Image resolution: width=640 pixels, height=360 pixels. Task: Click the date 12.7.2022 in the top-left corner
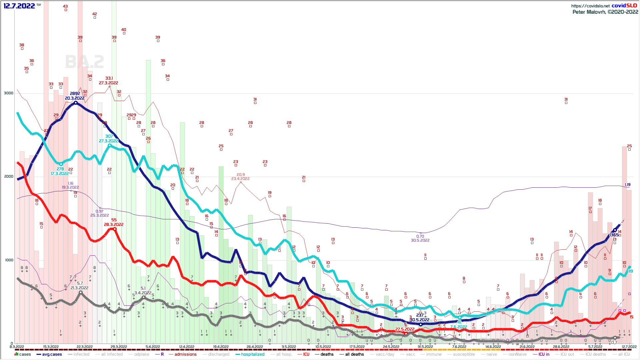tap(19, 6)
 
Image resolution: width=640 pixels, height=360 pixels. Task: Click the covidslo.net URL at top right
tap(590, 6)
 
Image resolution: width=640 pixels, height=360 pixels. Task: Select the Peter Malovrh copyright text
tap(605, 12)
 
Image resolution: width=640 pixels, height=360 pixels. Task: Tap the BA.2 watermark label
tap(84, 62)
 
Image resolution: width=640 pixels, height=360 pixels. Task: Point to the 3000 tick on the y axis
tap(9, 93)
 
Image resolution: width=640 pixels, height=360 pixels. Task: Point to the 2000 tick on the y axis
tap(9, 176)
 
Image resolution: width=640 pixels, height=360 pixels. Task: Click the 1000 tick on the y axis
tap(9, 260)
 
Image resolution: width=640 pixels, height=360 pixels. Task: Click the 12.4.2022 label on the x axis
tap(187, 347)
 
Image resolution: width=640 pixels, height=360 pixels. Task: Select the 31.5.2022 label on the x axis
tap(425, 347)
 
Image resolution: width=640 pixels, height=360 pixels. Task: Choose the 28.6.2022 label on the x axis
tap(561, 347)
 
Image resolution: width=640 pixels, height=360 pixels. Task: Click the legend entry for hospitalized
tap(252, 354)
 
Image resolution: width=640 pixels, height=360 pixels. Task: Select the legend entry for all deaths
tap(354, 354)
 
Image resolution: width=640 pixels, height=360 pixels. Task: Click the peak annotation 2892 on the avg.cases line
tap(75, 94)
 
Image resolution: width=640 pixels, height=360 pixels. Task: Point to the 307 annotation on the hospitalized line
tap(109, 136)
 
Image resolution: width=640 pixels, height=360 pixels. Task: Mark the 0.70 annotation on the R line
tap(420, 236)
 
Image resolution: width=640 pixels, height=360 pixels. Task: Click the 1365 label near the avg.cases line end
tap(614, 235)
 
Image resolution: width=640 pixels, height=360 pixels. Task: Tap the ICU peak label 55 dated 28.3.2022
tap(114, 220)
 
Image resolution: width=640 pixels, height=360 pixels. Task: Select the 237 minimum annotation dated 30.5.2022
tap(420, 315)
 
